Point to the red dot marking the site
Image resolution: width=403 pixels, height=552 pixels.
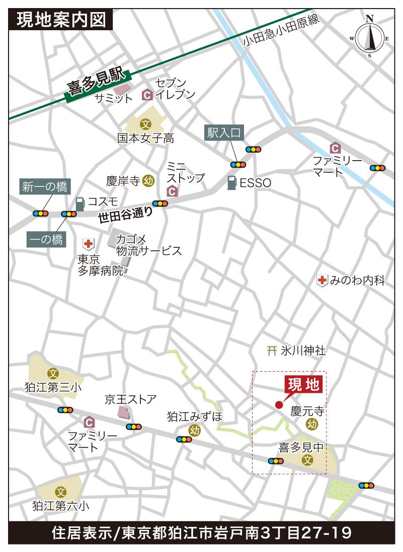(x=279, y=404)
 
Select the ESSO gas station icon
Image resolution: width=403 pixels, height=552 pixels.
(x=231, y=183)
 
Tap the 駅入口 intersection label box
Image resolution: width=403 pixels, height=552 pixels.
(x=224, y=132)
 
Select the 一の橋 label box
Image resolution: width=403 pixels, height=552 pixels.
(x=46, y=239)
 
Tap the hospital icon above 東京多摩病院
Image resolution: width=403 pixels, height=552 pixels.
(x=88, y=244)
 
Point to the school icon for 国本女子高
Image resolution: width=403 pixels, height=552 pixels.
(x=146, y=123)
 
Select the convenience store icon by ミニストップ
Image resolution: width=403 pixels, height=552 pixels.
(x=172, y=191)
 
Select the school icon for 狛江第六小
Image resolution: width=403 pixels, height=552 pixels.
(x=61, y=492)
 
